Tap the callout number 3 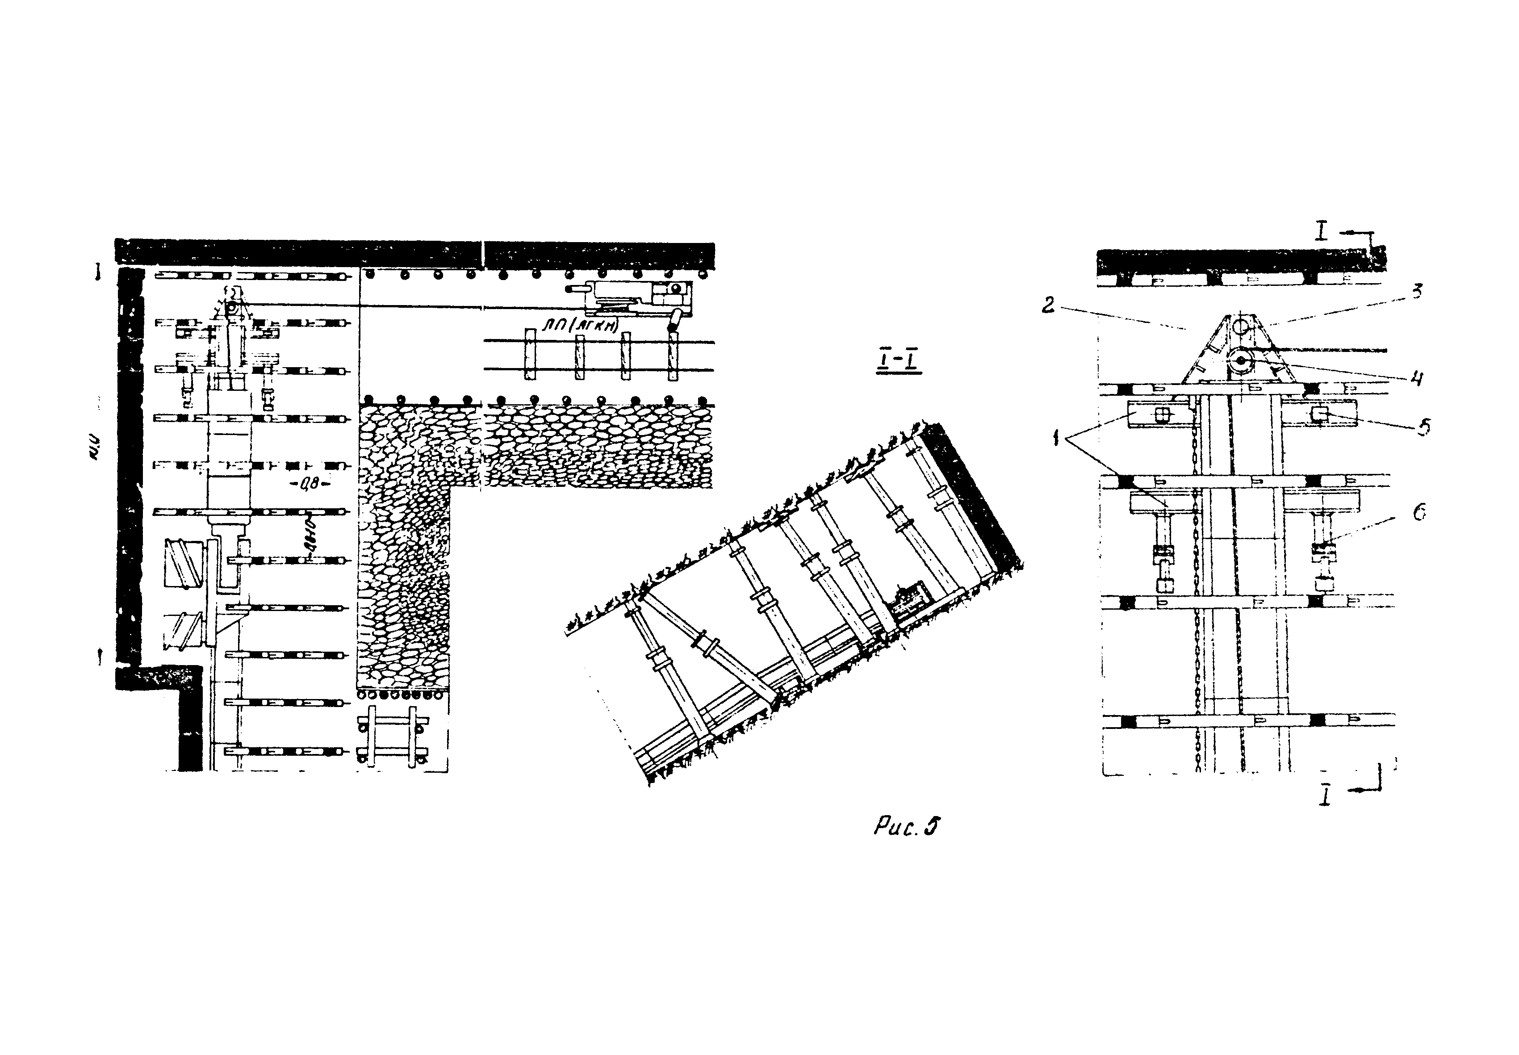coord(1417,292)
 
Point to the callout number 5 coord(1423,427)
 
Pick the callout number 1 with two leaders coord(1057,437)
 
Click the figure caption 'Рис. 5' coord(906,827)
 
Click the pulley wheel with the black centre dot coord(1241,361)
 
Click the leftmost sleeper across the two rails coord(529,354)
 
